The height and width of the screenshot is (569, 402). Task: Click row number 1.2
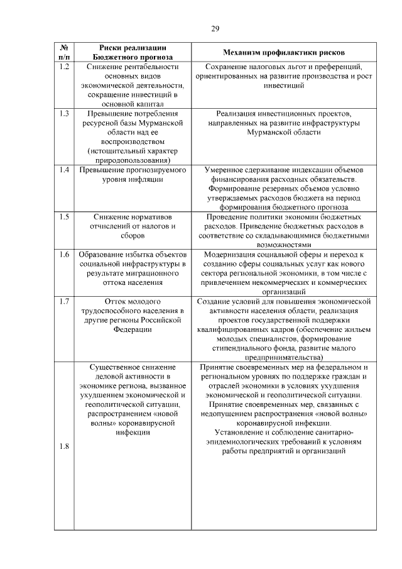(63, 67)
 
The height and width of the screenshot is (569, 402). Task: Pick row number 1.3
(63, 113)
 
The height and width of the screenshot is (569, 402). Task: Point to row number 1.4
(63, 170)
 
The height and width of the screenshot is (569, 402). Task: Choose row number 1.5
(63, 216)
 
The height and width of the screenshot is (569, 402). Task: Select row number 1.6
(63, 254)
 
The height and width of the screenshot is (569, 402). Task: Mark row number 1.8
(63, 446)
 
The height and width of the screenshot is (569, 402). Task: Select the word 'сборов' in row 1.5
(133, 235)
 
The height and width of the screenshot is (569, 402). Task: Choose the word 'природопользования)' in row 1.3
(133, 160)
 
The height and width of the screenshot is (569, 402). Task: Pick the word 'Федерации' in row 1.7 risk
(133, 329)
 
